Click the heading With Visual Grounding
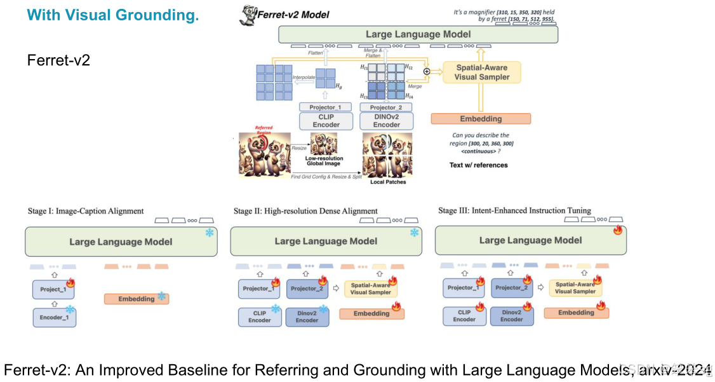[114, 15]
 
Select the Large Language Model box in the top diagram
[418, 34]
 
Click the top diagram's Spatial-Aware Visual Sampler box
[481, 72]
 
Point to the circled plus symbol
[427, 71]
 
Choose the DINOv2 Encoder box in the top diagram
[387, 121]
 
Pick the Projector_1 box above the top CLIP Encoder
[325, 107]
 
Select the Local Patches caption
[387, 182]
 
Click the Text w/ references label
[479, 165]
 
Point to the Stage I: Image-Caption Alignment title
[86, 211]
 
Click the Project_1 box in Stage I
[53, 289]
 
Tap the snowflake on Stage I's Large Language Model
[209, 233]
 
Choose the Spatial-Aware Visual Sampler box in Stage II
[371, 288]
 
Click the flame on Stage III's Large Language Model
[618, 231]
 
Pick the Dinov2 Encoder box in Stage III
[512, 316]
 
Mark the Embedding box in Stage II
[371, 313]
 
